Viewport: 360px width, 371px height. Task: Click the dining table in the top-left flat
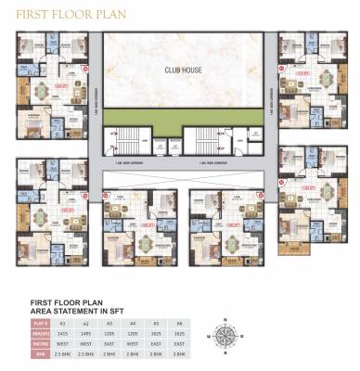click(x=45, y=90)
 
